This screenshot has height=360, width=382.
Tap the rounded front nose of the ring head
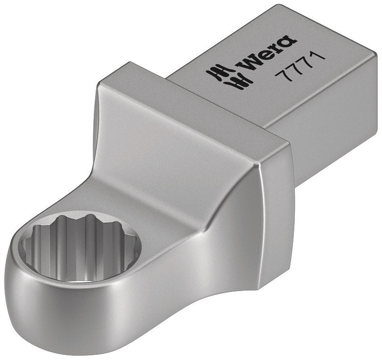[38, 306]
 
